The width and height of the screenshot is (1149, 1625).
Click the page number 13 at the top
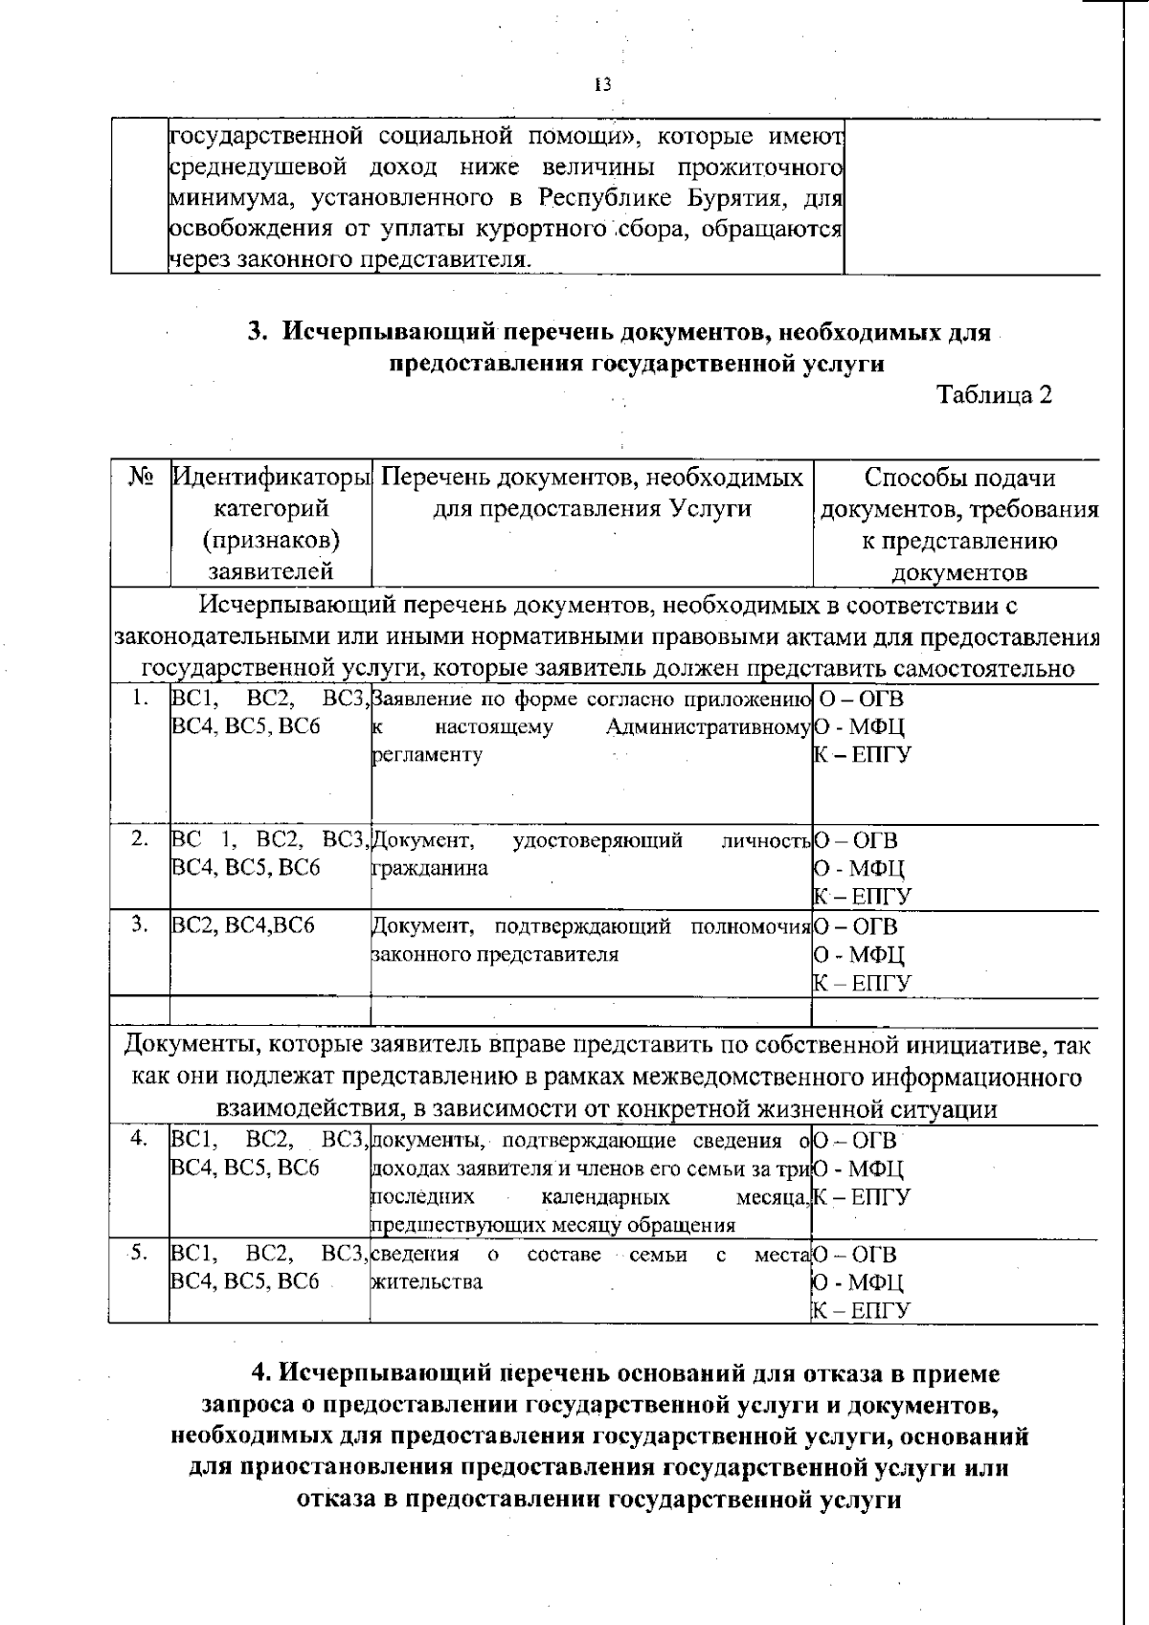[602, 84]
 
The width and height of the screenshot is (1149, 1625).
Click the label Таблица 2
[994, 395]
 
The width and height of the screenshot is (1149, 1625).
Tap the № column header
[141, 477]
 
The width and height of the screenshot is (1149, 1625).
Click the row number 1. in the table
[140, 699]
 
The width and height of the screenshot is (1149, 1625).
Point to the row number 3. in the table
[140, 924]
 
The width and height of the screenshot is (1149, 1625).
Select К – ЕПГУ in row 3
[863, 983]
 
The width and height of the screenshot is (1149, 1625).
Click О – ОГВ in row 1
[861, 699]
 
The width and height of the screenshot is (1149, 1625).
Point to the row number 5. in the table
[140, 1254]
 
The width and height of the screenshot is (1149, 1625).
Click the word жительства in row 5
[426, 1281]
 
